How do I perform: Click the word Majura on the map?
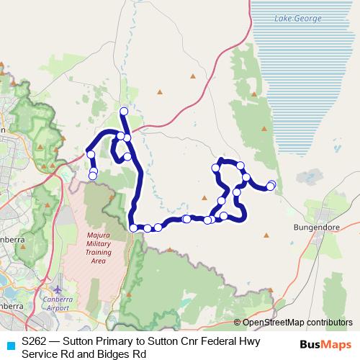[97, 235]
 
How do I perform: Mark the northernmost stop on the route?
[124, 111]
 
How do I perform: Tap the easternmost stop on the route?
[271, 185]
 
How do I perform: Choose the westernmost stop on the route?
[91, 153]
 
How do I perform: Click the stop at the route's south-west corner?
[134, 228]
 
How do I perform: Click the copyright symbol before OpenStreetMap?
[238, 323]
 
